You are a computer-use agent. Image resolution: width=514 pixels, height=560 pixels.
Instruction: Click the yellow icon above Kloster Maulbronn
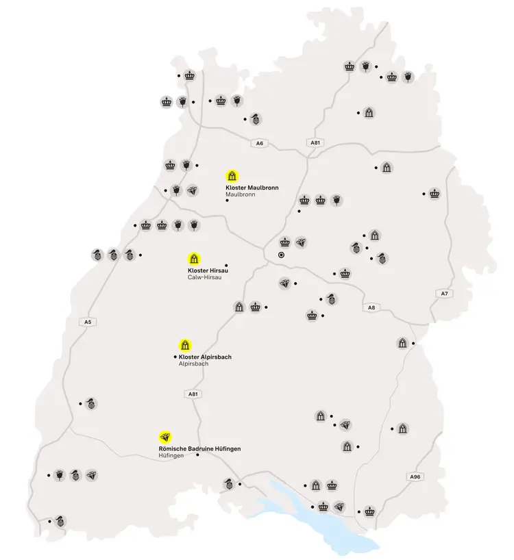(x=232, y=175)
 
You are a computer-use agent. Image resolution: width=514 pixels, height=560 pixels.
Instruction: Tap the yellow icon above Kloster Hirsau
(x=194, y=259)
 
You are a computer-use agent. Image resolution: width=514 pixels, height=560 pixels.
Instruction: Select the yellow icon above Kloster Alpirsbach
(x=184, y=344)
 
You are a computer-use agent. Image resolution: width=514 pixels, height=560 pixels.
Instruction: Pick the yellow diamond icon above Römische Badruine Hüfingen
(x=164, y=436)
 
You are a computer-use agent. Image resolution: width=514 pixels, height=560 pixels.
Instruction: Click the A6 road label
(x=258, y=143)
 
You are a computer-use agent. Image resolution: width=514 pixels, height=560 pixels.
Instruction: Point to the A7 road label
(x=444, y=293)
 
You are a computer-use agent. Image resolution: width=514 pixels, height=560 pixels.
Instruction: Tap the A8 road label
(x=371, y=307)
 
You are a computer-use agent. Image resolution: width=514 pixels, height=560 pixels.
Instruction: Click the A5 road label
(x=87, y=321)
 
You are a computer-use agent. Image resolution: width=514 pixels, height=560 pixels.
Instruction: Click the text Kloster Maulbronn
(x=252, y=187)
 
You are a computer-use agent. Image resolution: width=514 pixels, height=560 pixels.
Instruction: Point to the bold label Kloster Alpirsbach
(x=205, y=357)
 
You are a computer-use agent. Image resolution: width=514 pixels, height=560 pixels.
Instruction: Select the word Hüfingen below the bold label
(x=171, y=455)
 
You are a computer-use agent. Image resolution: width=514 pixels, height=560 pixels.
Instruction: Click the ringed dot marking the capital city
(x=281, y=255)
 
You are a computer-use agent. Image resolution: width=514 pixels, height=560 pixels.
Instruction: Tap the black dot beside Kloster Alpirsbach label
(x=175, y=357)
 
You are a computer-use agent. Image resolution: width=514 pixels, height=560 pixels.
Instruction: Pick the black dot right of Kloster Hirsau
(x=226, y=266)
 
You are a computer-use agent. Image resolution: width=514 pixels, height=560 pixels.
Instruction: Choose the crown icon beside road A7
(x=435, y=193)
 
